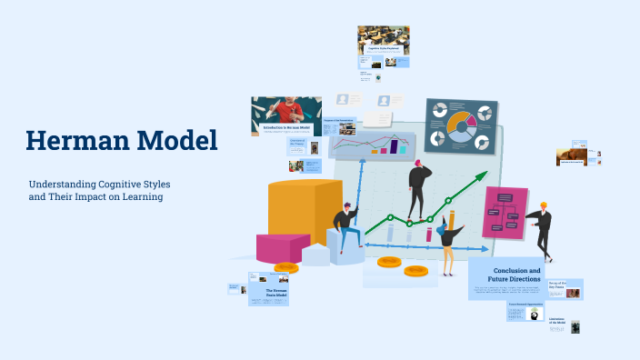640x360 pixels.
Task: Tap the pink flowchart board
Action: point(505,214)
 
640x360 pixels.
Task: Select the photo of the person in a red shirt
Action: point(286,110)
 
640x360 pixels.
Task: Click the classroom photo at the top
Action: point(383,40)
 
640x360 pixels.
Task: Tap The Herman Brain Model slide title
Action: point(275,293)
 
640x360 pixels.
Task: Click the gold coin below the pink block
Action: point(285,268)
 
